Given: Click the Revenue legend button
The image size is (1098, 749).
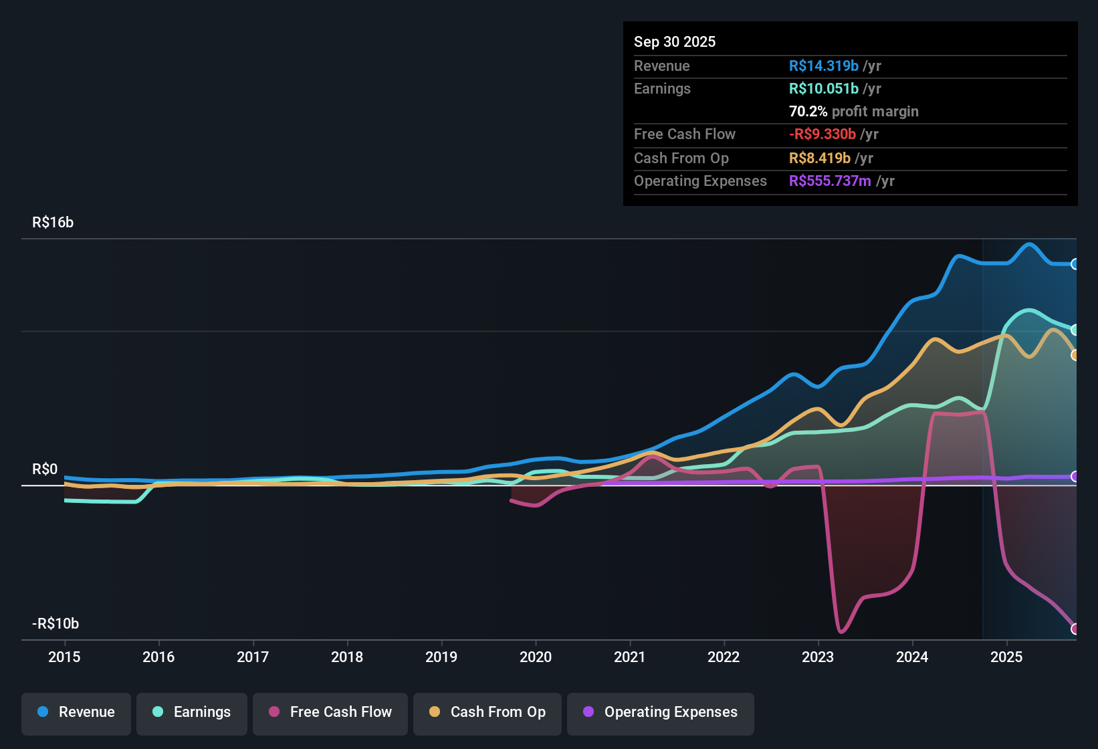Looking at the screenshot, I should click(76, 712).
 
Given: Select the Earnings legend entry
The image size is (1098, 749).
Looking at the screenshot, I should click(192, 712).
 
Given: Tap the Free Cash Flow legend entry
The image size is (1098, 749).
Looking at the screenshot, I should click(330, 712).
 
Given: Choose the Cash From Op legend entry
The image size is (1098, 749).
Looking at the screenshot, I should click(487, 712).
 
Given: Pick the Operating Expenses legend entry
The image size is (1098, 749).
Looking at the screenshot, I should click(661, 712).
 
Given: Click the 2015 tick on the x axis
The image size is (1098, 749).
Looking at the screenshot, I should click(64, 657).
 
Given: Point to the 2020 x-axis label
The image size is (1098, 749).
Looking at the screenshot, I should click(536, 657).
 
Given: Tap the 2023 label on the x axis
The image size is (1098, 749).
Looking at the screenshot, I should click(818, 657).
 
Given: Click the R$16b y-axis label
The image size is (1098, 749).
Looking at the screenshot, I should click(53, 222).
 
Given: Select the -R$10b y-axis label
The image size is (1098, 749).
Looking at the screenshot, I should click(56, 623).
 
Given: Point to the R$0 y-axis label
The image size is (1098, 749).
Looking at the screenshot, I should click(45, 469).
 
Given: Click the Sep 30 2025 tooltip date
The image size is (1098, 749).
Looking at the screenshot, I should click(675, 41).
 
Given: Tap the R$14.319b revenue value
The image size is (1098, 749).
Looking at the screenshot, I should click(823, 66).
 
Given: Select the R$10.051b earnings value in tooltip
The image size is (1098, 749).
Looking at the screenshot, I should click(823, 88).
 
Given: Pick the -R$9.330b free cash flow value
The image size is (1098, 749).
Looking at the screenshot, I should click(822, 134).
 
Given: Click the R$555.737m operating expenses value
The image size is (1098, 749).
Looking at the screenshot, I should click(830, 181).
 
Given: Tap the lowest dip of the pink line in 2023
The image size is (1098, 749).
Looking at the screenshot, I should click(841, 631).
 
